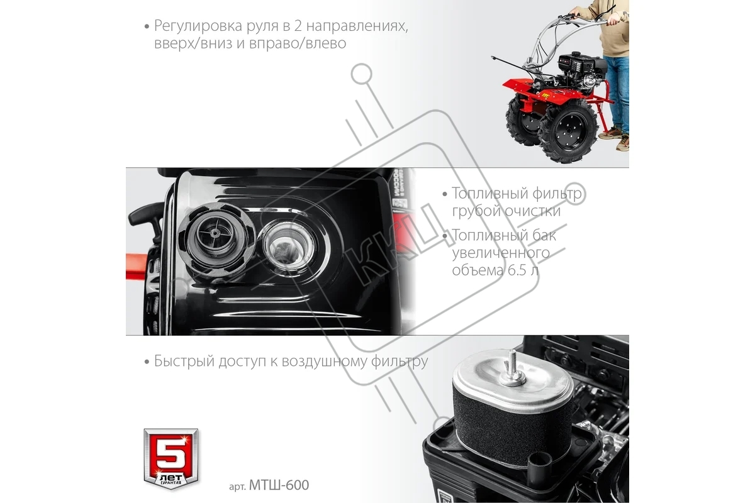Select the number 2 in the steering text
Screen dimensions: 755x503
tap(298, 26)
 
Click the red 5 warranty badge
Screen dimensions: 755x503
tap(171, 459)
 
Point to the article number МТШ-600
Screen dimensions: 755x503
tap(279, 485)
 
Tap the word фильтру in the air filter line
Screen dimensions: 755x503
tap(400, 361)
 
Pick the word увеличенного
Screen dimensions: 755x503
tap(501, 253)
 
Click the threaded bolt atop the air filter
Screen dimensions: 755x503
tap(512, 368)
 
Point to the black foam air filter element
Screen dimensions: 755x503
tap(512, 428)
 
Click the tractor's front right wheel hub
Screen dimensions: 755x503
tap(569, 131)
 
